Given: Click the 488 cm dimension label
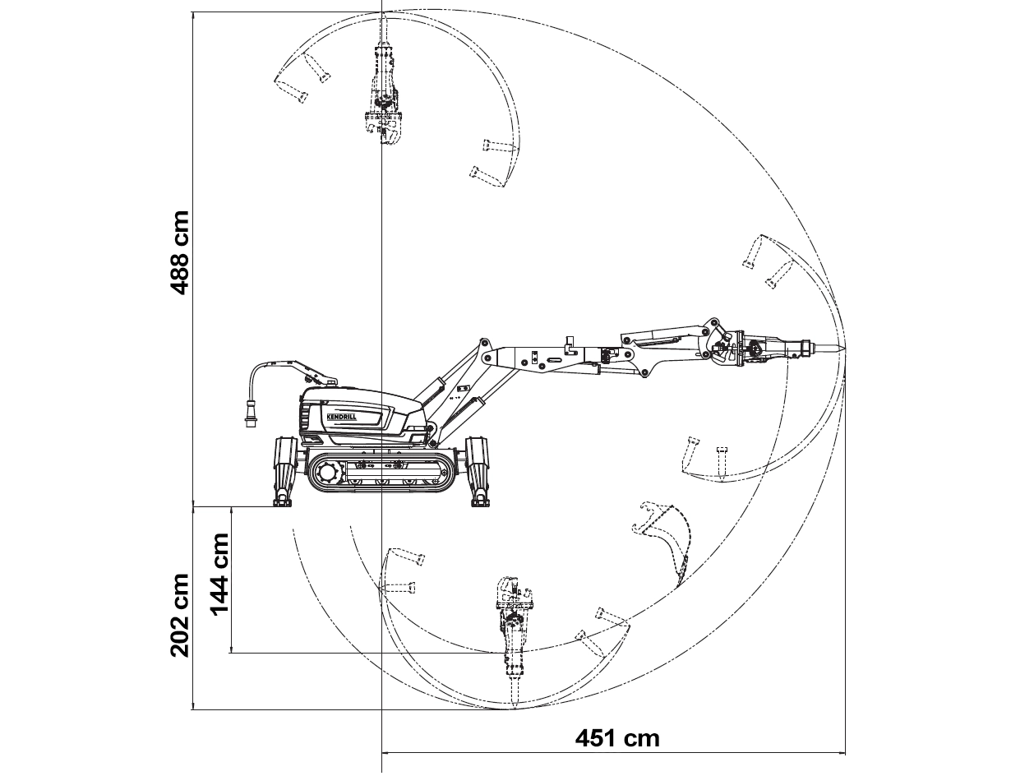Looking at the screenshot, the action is coord(179,253).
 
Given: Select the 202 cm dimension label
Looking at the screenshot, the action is coord(179,615).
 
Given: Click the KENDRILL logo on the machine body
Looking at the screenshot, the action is coord(343,418).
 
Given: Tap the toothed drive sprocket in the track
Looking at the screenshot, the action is coord(327,471).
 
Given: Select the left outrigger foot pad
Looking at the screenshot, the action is coord(282,502).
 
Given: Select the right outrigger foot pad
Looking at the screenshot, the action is coord(480,502).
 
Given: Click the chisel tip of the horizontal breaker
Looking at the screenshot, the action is coord(845,349).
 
